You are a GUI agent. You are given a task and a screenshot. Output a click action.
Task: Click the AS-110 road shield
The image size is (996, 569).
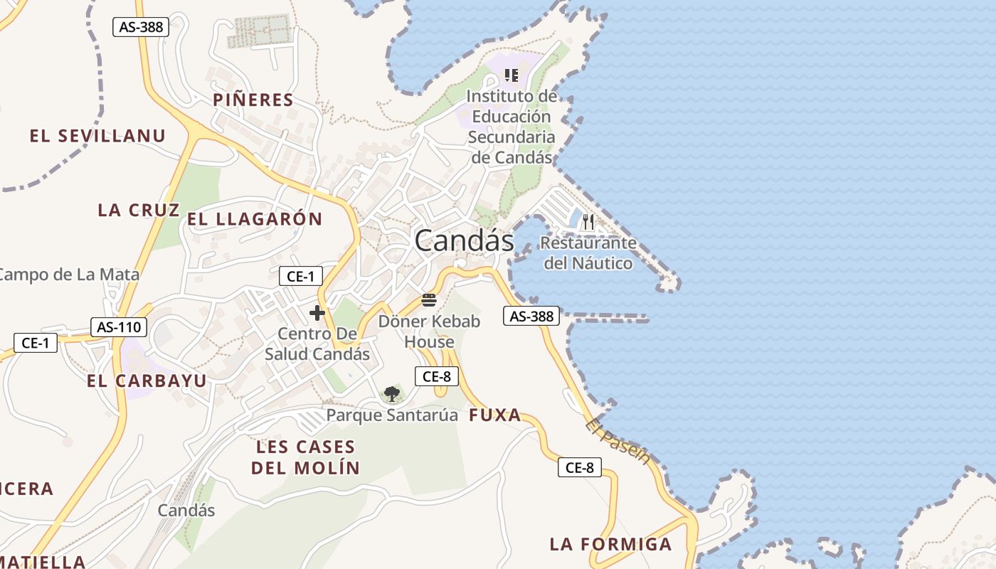coord(119,327)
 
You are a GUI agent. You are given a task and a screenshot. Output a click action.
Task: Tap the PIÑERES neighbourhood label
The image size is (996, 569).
coord(253,100)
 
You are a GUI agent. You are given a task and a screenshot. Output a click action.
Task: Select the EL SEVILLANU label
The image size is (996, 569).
coord(97,136)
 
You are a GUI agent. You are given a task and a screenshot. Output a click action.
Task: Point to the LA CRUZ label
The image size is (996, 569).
coord(139,210)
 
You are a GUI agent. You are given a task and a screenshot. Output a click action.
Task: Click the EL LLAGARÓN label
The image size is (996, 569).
coord(255,219)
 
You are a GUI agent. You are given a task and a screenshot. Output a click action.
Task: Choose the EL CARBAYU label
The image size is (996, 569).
coord(147,381)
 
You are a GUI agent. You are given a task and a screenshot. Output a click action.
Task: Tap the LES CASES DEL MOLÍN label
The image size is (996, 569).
coord(305,457)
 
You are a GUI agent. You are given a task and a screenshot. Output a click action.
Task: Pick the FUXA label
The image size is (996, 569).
coord(495,416)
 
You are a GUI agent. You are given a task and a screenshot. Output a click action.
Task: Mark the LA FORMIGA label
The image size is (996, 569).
coord(610,544)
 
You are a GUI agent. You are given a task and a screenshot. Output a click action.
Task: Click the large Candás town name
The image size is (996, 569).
coord(464,240)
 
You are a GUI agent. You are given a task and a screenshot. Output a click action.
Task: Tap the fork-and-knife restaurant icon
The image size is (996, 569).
coord(588,222)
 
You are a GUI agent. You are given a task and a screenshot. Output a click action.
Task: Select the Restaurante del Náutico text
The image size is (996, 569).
coord(588,253)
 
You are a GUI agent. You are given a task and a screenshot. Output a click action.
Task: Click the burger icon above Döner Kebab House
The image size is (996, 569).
coord(428,299)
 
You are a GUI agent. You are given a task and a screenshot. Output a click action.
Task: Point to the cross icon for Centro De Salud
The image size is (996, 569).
coord(317,312)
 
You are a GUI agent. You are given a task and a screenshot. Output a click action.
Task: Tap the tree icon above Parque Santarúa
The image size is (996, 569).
coord(391,393)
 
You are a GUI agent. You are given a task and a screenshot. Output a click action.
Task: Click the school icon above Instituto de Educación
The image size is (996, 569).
coord(511,75)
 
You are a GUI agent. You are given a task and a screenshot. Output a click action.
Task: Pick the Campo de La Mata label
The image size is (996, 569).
coord(70,274)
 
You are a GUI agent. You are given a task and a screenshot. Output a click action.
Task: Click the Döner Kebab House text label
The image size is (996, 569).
coord(429,331)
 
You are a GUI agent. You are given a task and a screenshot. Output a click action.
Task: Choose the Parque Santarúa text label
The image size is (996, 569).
coord(392,415)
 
